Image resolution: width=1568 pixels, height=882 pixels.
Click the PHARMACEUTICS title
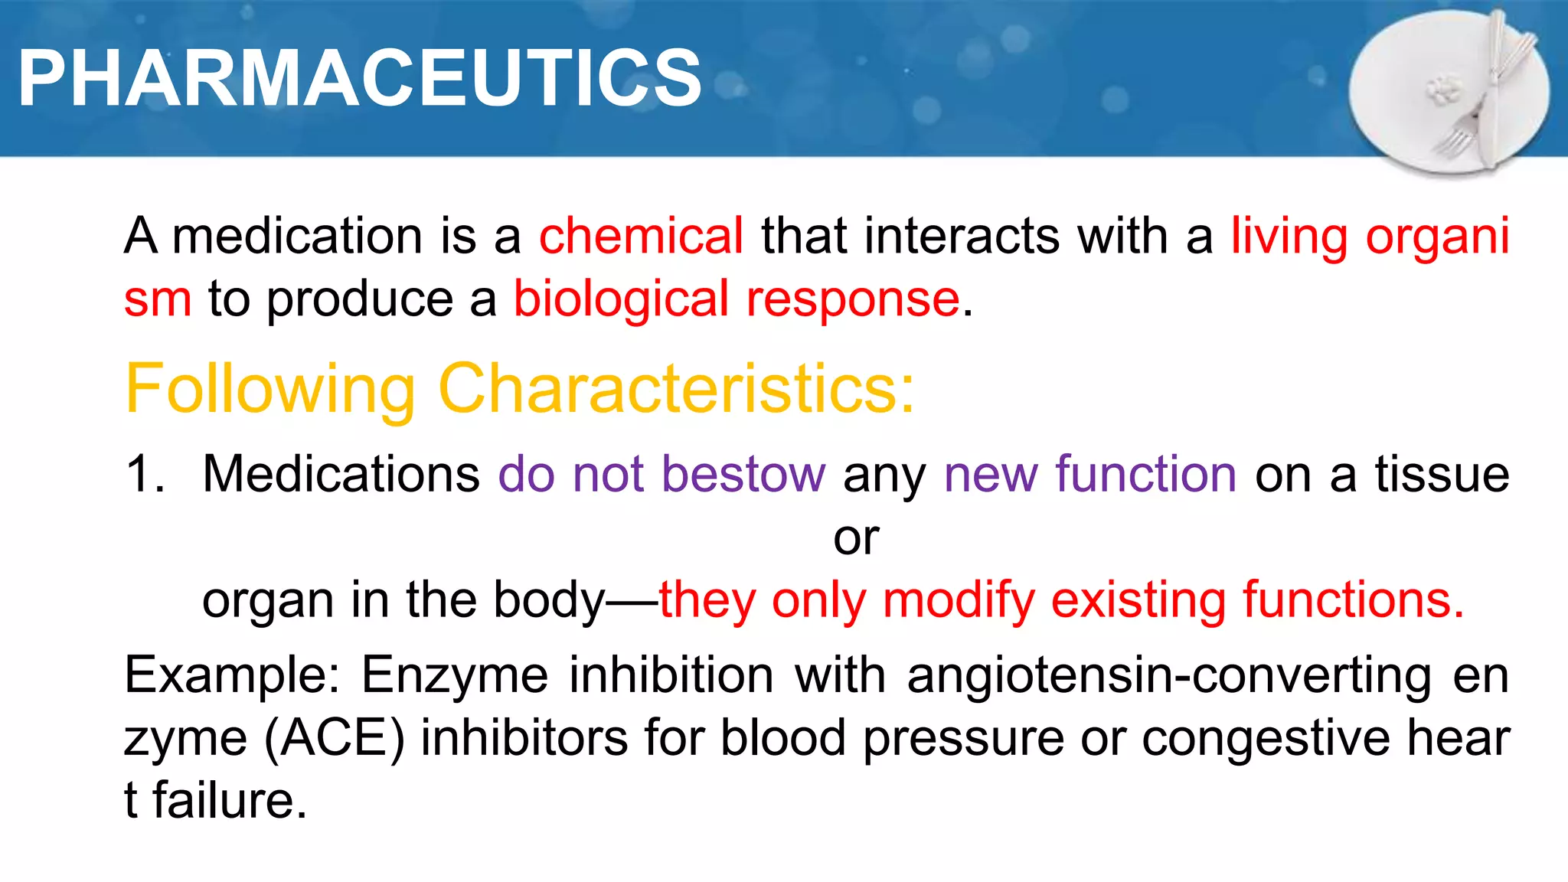360,78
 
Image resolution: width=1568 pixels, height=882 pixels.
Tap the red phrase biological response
736,299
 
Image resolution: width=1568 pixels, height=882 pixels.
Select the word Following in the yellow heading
270,389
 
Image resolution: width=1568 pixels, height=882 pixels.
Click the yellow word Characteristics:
676,389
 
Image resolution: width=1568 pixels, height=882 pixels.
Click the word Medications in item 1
341,474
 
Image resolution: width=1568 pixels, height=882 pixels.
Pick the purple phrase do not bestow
662,474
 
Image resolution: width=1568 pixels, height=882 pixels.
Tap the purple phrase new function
1090,474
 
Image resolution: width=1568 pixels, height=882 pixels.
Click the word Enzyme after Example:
455,675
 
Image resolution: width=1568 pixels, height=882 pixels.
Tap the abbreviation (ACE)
335,739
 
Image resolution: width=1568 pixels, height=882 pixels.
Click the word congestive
1265,739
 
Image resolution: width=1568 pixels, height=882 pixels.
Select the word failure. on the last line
230,801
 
